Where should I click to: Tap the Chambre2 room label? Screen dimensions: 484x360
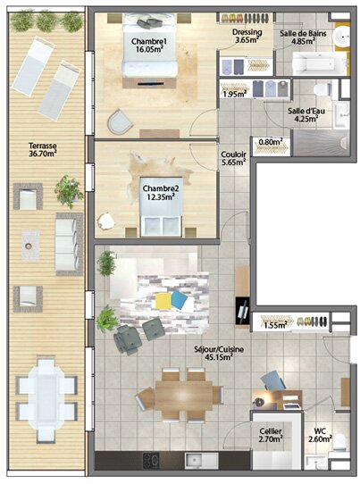click(162, 193)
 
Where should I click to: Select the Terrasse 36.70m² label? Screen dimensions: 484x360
click(42, 149)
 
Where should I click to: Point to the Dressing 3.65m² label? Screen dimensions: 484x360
click(247, 36)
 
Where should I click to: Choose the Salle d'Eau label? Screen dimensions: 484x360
click(306, 115)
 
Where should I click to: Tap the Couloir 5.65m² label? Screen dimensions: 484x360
click(233, 158)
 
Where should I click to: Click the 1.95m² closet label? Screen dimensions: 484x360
click(234, 94)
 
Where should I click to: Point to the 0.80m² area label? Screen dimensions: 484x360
click(270, 141)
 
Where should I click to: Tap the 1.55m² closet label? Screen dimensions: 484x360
click(274, 326)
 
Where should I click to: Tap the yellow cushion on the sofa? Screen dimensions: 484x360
click(163, 301)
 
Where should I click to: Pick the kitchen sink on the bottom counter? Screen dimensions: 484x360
click(193, 461)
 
